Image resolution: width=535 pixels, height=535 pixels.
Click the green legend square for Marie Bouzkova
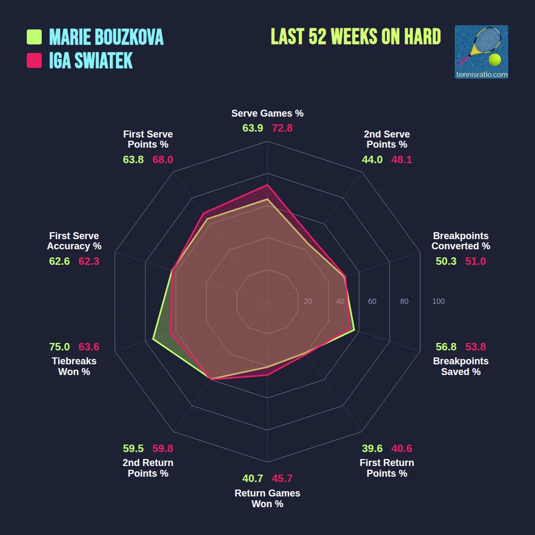tap(34, 37)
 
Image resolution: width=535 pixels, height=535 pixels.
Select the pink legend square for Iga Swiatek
tap(34, 60)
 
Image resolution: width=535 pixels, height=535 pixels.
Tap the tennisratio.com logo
tap(481, 52)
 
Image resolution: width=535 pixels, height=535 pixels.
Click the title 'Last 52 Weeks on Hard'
tap(356, 37)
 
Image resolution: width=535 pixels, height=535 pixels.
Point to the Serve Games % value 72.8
tap(282, 128)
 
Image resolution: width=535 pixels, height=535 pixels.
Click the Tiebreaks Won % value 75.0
tap(59, 347)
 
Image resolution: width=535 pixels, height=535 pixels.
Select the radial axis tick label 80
tap(404, 302)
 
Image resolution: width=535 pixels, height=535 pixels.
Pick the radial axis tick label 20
tap(308, 302)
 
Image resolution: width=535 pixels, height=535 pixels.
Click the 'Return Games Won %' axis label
tap(267, 499)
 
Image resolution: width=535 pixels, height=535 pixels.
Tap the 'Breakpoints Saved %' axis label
tap(461, 366)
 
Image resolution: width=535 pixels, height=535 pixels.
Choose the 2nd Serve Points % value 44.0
tap(372, 159)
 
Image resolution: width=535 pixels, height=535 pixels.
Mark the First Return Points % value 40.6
tap(401, 448)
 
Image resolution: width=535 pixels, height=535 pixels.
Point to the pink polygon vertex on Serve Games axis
tap(267, 185)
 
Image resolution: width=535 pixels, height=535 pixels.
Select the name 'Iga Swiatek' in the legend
tap(91, 61)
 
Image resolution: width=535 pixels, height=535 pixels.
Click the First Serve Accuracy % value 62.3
tap(89, 261)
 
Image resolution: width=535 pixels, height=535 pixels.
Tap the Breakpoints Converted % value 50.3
tap(446, 261)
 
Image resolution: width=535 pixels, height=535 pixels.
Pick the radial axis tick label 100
tap(438, 302)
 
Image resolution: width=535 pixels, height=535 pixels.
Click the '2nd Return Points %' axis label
tap(148, 468)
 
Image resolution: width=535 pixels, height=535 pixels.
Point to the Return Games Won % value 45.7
tap(282, 478)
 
